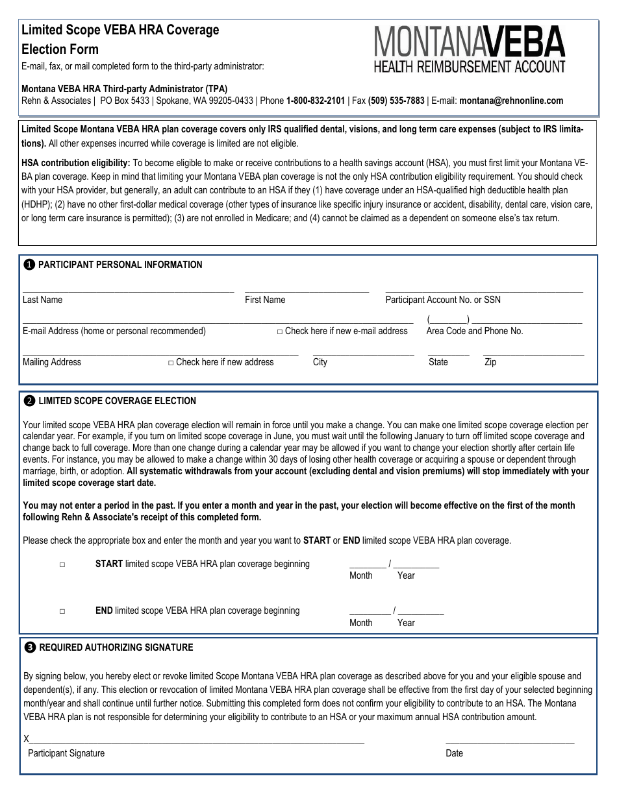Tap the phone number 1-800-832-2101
[315, 101]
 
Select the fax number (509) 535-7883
[396, 101]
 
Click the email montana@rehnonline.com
[511, 101]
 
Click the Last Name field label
[42, 300]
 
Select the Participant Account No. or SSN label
[442, 300]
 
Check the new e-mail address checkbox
[280, 332]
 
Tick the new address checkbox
[171, 363]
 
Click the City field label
[320, 362]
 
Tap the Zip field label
[490, 362]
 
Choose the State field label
[438, 362]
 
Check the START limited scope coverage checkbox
[62, 565]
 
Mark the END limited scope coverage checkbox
[62, 611]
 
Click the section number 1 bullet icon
[29, 265]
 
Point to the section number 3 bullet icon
[30, 647]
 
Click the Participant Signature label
[66, 753]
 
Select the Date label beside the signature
[454, 753]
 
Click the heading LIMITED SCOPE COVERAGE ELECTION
[117, 401]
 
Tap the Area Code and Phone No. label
[474, 331]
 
